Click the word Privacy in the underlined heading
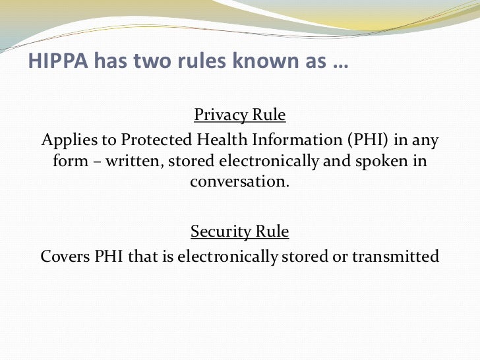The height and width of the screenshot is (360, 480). coord(220,116)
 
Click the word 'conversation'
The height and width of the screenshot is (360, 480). coord(239,182)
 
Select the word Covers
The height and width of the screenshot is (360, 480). coord(63,256)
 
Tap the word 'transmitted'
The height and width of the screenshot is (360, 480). coord(396,256)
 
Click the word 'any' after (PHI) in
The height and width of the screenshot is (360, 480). coord(426,141)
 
